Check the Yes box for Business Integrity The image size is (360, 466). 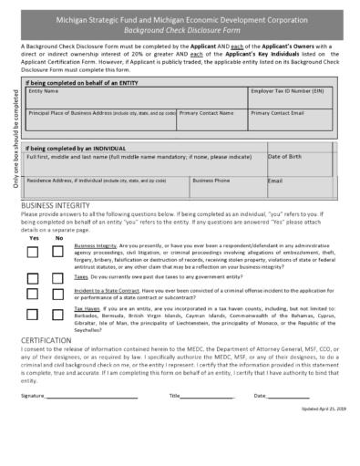(33, 251)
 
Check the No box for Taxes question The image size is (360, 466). (59, 278)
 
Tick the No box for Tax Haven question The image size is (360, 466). (59, 316)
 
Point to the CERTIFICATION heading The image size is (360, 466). (47, 339)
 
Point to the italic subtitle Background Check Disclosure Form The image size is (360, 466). (180, 29)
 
